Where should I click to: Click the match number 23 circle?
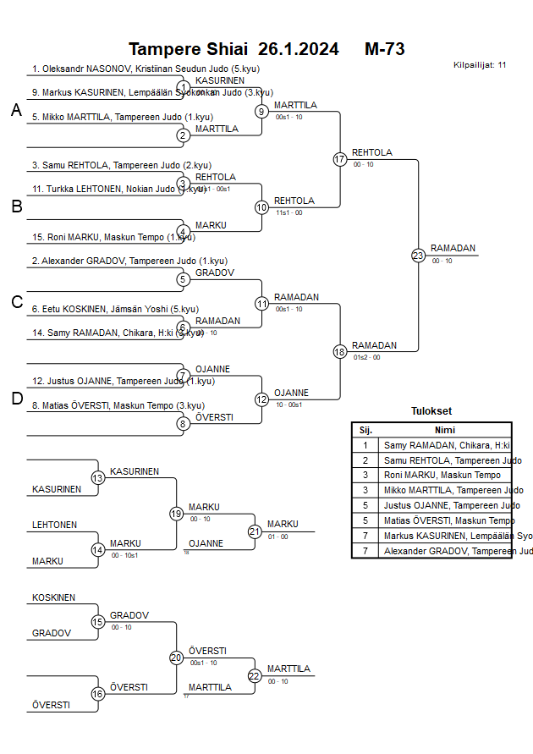[x=418, y=256]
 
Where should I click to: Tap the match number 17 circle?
[x=340, y=159]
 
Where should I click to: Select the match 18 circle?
[x=340, y=352]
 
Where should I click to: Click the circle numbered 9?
[x=261, y=111]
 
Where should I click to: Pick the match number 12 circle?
[x=261, y=399]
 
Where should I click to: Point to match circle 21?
[x=255, y=531]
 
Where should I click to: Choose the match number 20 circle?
[x=176, y=658]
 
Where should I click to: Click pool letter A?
[x=16, y=111]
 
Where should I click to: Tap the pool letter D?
[x=16, y=399]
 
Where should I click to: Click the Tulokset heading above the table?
[x=431, y=412]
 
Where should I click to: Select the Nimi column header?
[x=444, y=430]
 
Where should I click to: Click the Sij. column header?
[x=365, y=430]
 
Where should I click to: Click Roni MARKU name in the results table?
[x=442, y=476]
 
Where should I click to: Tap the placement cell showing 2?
[x=365, y=460]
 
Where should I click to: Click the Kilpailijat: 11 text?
[x=480, y=65]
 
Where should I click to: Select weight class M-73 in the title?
[x=385, y=49]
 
